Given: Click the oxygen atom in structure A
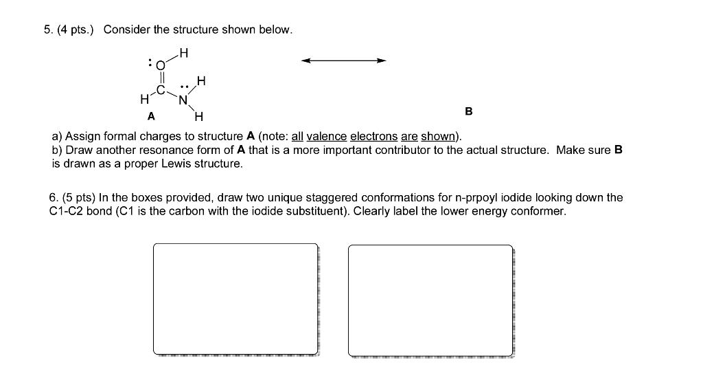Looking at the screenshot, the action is pos(161,66).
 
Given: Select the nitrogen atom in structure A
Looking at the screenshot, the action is pos(183,100).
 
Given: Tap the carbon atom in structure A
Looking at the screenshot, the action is pos(161,90).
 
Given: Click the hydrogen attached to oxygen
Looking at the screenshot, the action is pos(183,51).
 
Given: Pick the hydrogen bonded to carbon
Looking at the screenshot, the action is pos(143,100).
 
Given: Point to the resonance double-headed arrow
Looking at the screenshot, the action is pos(344,60).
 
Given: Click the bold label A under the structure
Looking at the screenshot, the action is pos(150,115).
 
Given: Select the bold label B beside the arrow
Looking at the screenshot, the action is pos(469,111).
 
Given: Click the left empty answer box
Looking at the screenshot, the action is pos(235,299).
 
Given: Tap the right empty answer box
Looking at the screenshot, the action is pos(430,300).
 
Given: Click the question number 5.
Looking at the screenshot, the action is pos(47,30).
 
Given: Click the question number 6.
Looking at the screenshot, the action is pos(54,198).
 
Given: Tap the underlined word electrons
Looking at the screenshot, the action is pos(374,136).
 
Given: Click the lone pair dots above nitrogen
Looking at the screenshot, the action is pos(183,87).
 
